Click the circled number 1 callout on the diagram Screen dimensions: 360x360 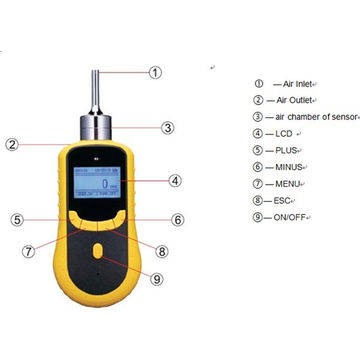click(x=155, y=72)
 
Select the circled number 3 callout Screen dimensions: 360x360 click(x=167, y=127)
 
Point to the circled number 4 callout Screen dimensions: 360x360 click(x=174, y=181)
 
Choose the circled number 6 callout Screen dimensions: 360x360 click(x=177, y=219)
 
